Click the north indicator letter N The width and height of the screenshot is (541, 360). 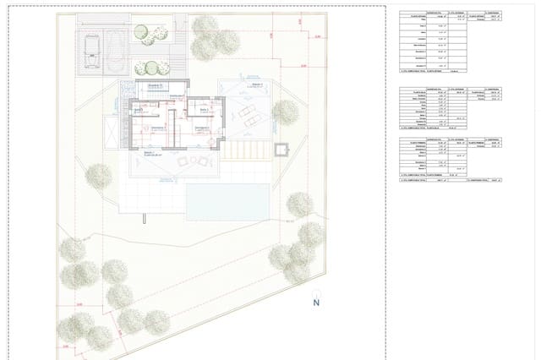click(315, 303)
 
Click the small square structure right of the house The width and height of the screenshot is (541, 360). click(281, 151)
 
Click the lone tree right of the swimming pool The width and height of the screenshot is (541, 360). click(299, 205)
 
